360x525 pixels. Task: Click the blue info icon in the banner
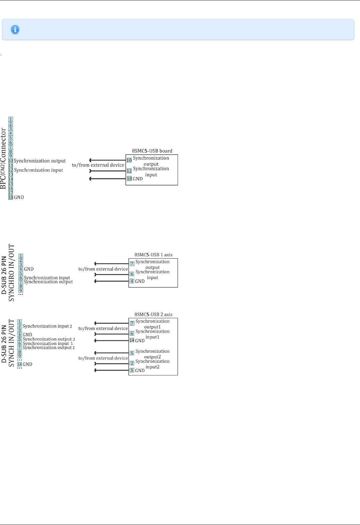click(15, 29)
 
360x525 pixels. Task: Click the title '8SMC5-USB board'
click(152, 151)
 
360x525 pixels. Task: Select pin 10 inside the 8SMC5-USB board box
click(129, 160)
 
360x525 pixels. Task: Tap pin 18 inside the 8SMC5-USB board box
click(129, 179)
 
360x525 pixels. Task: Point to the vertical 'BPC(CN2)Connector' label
click(4, 158)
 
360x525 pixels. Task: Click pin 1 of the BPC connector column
click(11, 119)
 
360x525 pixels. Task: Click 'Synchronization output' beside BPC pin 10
click(40, 161)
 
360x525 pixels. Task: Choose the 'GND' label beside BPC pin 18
click(19, 197)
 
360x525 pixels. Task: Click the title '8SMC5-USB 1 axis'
click(153, 255)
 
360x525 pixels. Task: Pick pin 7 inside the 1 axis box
click(132, 264)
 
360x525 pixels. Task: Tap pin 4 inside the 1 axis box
click(132, 281)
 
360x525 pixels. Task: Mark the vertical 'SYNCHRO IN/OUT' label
click(12, 272)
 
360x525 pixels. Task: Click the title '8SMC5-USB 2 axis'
click(153, 315)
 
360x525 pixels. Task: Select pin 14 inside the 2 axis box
click(132, 340)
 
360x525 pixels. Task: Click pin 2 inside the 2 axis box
click(132, 363)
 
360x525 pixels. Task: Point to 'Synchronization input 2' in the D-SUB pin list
click(47, 326)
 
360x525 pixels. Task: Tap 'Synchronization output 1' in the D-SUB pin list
click(49, 348)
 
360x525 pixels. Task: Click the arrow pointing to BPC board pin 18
click(107, 179)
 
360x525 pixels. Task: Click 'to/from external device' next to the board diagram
click(98, 165)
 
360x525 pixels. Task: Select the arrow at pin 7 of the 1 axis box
click(111, 264)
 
